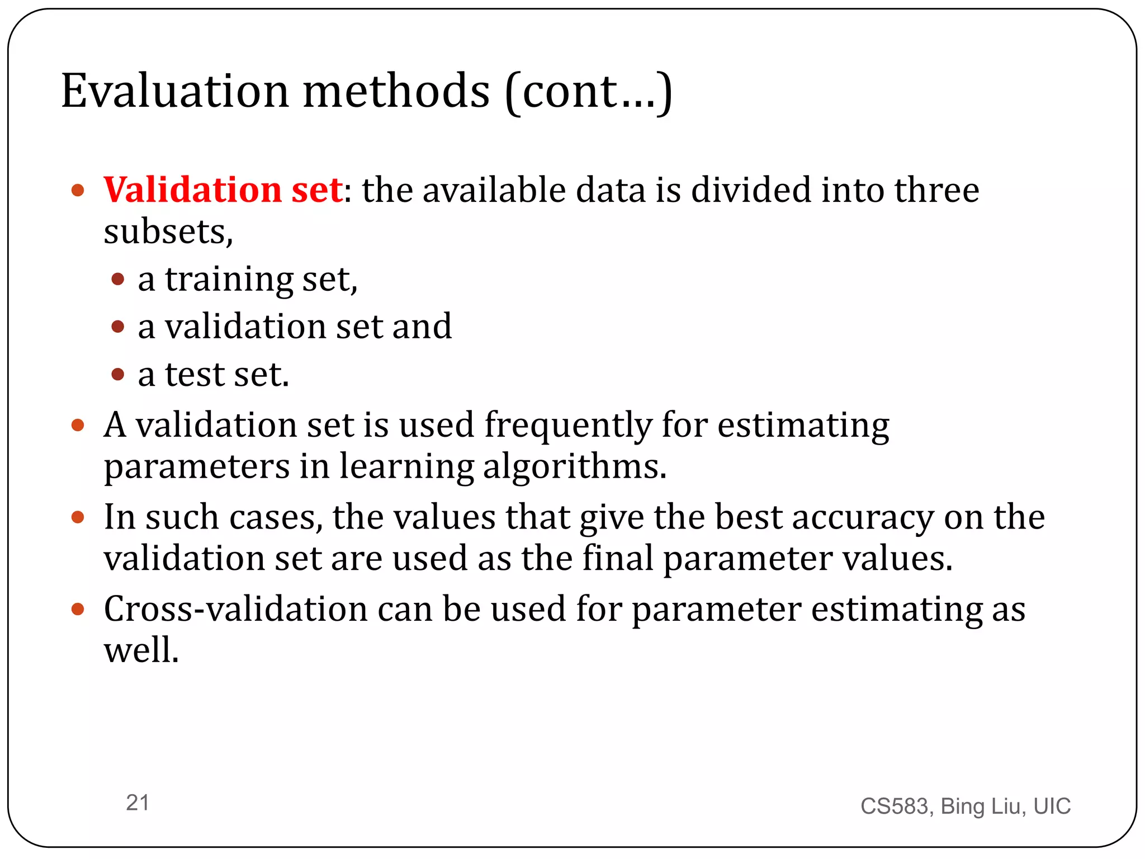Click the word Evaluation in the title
pyautogui.click(x=174, y=91)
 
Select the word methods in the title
pyautogui.click(x=396, y=91)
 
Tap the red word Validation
pyautogui.click(x=192, y=190)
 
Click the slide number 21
pyautogui.click(x=138, y=803)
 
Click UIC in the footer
pyautogui.click(x=1052, y=806)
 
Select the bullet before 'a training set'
pyautogui.click(x=118, y=279)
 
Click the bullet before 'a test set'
pyautogui.click(x=118, y=374)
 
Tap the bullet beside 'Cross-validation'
pyautogui.click(x=78, y=609)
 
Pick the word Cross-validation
pyautogui.click(x=235, y=609)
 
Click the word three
pyautogui.click(x=936, y=190)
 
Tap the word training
pyautogui.click(x=229, y=280)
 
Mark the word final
pyautogui.click(x=617, y=559)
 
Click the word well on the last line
pyautogui.click(x=141, y=650)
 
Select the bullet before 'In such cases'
pyautogui.click(x=78, y=517)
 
